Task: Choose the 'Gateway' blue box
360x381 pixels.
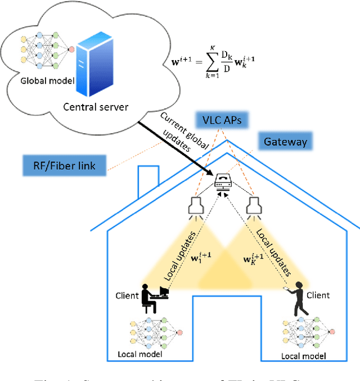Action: (x=285, y=141)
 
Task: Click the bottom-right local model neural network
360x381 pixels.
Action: (x=306, y=334)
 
